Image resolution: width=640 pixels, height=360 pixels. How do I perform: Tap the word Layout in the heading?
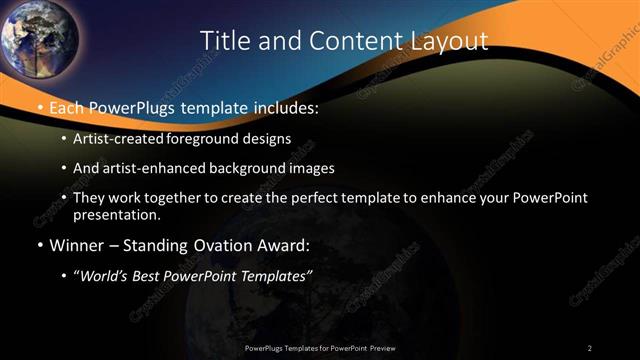click(x=450, y=40)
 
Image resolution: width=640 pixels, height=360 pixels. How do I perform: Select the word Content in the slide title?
click(x=347, y=40)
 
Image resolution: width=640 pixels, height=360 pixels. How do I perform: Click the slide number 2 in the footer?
click(x=590, y=348)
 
